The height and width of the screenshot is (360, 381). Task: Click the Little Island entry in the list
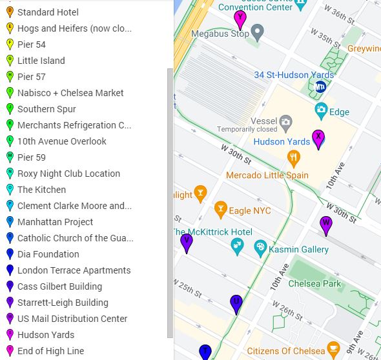click(41, 61)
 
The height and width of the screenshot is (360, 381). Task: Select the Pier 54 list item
click(32, 45)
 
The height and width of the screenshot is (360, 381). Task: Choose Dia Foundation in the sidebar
click(48, 254)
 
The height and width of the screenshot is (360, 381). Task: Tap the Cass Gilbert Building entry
click(59, 286)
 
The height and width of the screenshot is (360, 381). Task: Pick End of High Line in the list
click(50, 351)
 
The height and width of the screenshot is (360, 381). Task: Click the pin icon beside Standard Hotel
click(10, 12)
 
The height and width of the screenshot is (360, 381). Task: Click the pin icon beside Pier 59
click(10, 157)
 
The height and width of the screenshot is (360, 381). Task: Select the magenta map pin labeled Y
click(240, 19)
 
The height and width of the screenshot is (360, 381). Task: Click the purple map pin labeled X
click(318, 138)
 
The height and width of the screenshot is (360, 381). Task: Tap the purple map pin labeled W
click(326, 225)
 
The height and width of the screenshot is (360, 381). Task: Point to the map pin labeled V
click(187, 242)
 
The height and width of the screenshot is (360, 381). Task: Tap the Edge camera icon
click(321, 110)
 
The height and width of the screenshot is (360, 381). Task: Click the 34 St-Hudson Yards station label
click(294, 75)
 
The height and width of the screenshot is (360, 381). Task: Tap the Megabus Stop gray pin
click(257, 32)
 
